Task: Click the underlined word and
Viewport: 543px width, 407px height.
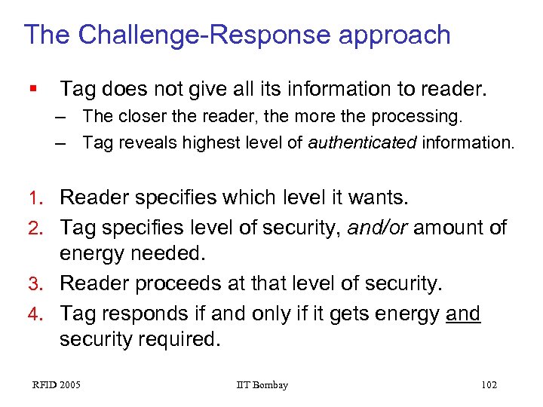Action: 463,312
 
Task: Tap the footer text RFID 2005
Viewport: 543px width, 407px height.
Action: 57,385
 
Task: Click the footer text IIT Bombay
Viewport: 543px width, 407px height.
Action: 262,385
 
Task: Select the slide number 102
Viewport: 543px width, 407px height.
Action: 489,385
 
